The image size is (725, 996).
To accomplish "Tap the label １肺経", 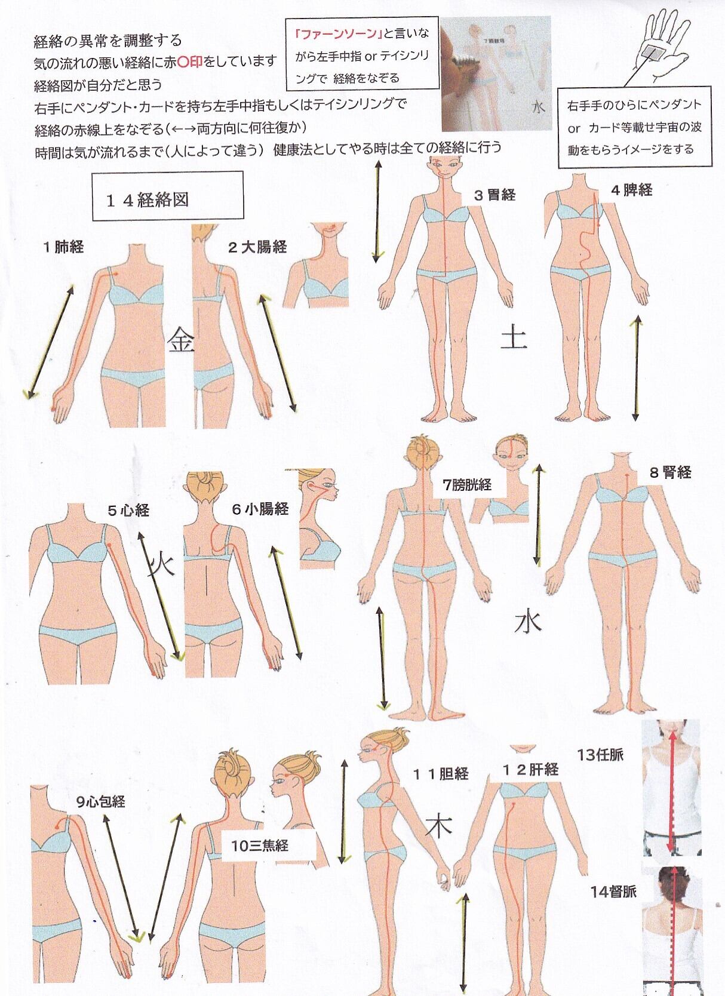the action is click(x=63, y=247).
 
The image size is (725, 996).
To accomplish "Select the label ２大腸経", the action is click(x=257, y=247).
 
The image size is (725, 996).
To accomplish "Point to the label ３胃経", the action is click(x=494, y=195).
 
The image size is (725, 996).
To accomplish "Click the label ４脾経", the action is click(x=631, y=190).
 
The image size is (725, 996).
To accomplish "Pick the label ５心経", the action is click(x=128, y=510).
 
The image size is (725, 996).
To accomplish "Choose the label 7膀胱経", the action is click(x=466, y=485).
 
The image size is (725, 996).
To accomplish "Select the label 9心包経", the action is click(x=100, y=801).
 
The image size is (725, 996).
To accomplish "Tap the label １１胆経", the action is click(x=441, y=773).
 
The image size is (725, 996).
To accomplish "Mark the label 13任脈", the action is click(x=600, y=755).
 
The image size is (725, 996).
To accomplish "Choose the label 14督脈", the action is click(x=613, y=893).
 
